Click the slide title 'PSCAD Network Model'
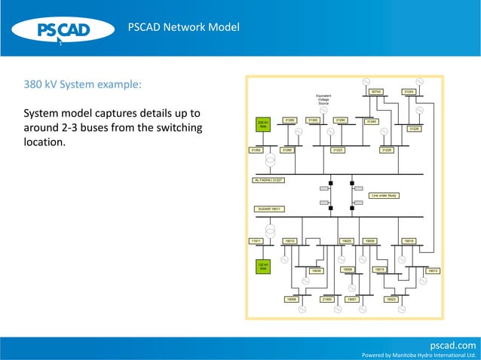[184, 28]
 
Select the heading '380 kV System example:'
[83, 84]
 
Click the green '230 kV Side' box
[263, 124]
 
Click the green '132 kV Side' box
[263, 266]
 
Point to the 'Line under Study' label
[383, 195]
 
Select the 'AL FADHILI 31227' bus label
[268, 180]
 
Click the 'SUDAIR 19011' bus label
[268, 209]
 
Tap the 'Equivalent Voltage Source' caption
[323, 99]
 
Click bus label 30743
[376, 92]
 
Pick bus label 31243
[409, 92]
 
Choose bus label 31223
[338, 150]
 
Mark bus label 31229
[387, 150]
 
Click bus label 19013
[433, 270]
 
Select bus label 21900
[327, 299]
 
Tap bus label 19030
[317, 270]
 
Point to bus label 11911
[256, 240]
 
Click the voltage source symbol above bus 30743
[366, 81]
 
